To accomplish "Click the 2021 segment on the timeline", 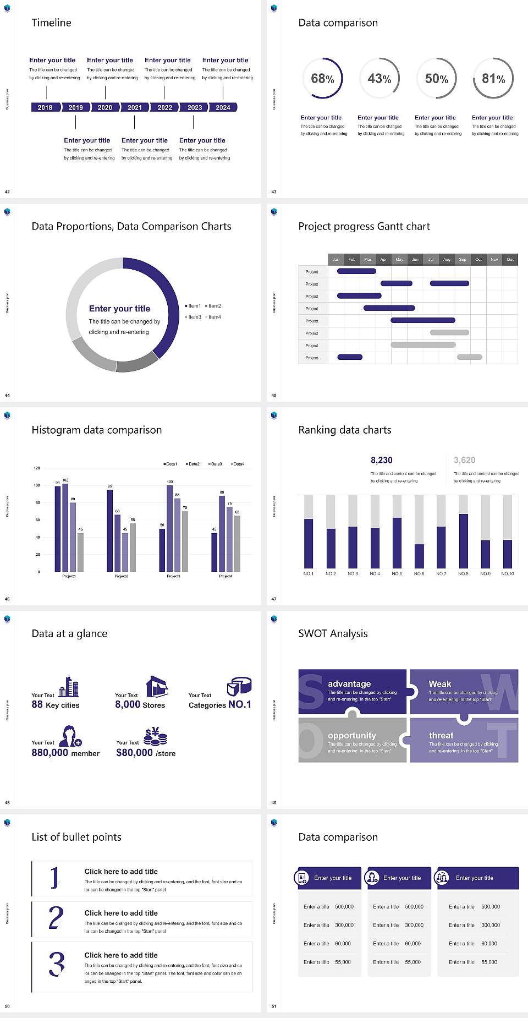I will tap(135, 107).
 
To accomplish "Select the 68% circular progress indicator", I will tap(322, 78).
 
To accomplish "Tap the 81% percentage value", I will tap(493, 79).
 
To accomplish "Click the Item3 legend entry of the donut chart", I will tap(194, 317).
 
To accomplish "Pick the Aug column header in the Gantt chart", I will tap(447, 259).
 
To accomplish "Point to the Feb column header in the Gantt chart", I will tap(352, 259).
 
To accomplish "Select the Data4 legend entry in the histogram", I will tap(238, 464).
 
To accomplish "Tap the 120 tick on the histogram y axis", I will tap(37, 468).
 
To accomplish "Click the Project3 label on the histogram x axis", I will tap(173, 576).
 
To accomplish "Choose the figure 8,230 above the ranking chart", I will tap(382, 460).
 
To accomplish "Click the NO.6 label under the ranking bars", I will tap(419, 573).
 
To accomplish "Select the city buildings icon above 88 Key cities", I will tap(69, 686).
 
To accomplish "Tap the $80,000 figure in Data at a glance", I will tap(134, 752).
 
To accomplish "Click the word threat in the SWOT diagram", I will tap(441, 735).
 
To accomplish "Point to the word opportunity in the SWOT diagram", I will tap(352, 735).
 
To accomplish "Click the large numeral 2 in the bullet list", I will tap(56, 917).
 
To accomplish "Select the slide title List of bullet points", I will tap(76, 837).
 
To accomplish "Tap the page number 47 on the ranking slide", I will tap(274, 599).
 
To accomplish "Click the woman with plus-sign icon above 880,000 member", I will tap(70, 736).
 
